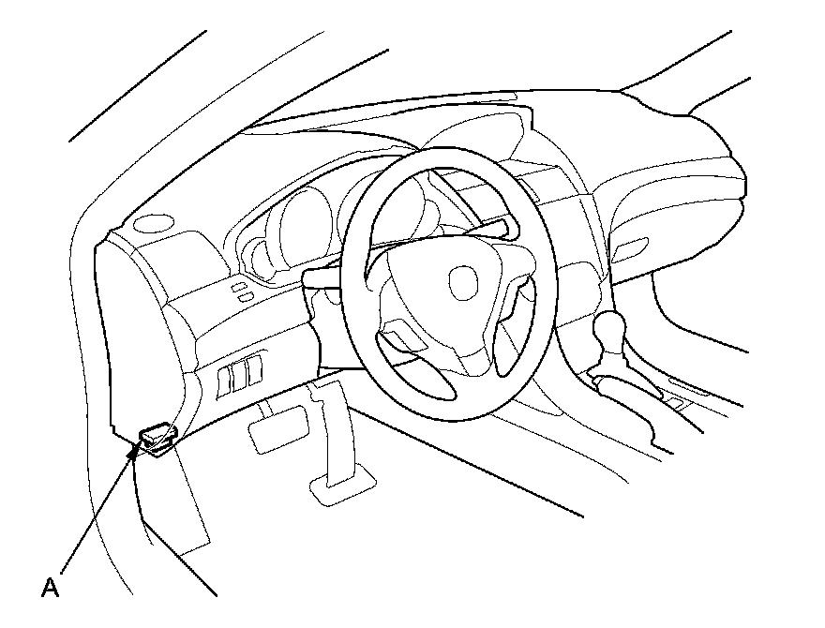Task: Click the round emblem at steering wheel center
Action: click(x=462, y=279)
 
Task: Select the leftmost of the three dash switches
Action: click(x=226, y=379)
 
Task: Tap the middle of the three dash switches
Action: click(x=240, y=373)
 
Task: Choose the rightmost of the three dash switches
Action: click(x=254, y=367)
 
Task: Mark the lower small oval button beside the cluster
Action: click(x=246, y=297)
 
